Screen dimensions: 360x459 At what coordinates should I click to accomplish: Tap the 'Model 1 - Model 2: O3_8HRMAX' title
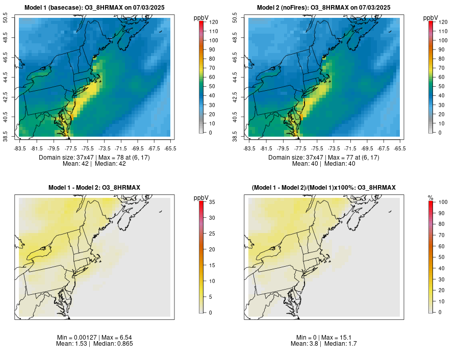(94, 188)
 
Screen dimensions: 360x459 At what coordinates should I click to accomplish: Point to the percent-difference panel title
(324, 188)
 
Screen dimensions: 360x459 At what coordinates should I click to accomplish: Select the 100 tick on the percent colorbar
(443, 202)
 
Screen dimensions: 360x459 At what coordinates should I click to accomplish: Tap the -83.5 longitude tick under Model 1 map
(20, 148)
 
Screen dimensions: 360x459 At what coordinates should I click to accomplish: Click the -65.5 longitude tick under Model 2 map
(400, 148)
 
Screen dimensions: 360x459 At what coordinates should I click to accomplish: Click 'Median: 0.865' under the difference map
(115, 344)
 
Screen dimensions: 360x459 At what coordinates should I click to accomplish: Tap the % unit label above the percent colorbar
(431, 198)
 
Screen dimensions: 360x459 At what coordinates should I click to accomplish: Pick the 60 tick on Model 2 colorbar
(442, 77)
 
